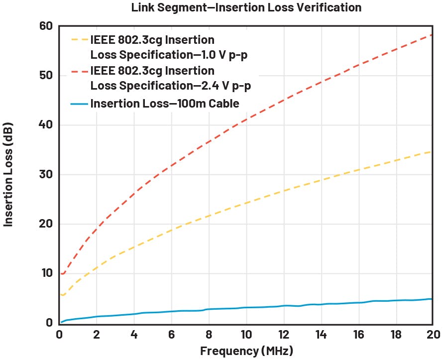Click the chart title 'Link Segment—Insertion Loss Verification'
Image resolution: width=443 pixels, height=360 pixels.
pyautogui.click(x=246, y=7)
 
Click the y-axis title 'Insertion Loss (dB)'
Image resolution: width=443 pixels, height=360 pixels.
pyautogui.click(x=8, y=174)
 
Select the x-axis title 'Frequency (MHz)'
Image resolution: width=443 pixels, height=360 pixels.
pyautogui.click(x=246, y=351)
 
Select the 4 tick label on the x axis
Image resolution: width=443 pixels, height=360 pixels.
pyautogui.click(x=134, y=334)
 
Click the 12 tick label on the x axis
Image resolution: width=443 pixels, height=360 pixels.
pyautogui.click(x=283, y=334)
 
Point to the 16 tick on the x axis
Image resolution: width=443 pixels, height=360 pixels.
pyautogui.click(x=358, y=334)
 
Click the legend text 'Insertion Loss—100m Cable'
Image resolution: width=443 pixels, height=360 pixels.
pyautogui.click(x=165, y=104)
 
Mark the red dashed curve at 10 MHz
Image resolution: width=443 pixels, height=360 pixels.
pyautogui.click(x=246, y=120)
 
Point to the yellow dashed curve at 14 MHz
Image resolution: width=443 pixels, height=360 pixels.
pyautogui.click(x=321, y=180)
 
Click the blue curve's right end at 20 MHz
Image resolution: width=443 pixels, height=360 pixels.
pyautogui.click(x=431, y=299)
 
